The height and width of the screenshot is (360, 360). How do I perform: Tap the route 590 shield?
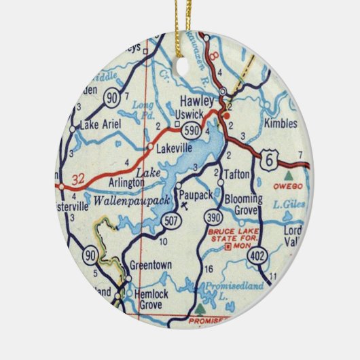point(193,129)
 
